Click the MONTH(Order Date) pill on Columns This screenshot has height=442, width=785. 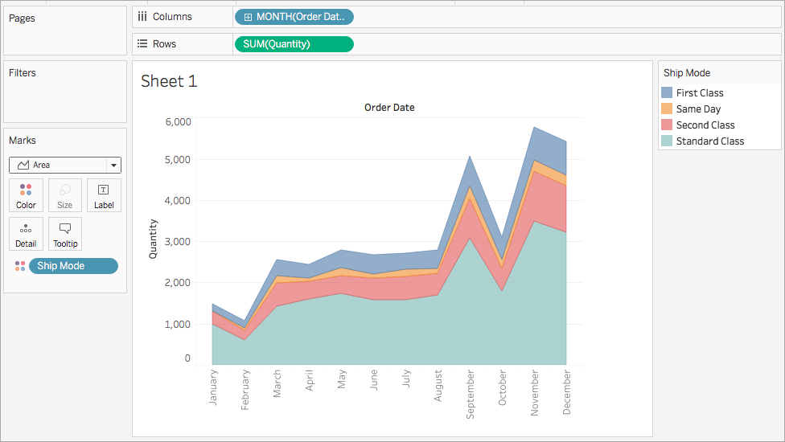(294, 17)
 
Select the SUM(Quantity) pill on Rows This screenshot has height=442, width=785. (294, 44)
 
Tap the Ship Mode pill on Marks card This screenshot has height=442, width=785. (74, 266)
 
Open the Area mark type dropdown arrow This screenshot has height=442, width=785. (114, 165)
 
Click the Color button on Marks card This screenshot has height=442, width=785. (26, 195)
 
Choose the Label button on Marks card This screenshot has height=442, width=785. (104, 195)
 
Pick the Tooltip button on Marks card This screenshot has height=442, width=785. (65, 234)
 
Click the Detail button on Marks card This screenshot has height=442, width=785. (26, 234)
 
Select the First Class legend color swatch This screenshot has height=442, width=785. (667, 92)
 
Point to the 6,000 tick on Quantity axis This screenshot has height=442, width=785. (179, 122)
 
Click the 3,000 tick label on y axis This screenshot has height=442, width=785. (179, 242)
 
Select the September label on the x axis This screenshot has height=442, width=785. (470, 394)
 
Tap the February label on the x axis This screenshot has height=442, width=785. (245, 390)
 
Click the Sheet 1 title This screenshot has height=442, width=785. (169, 81)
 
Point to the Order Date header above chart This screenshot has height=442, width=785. (389, 108)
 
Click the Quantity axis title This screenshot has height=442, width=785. (153, 239)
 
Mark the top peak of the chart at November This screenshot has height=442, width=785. (535, 127)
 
